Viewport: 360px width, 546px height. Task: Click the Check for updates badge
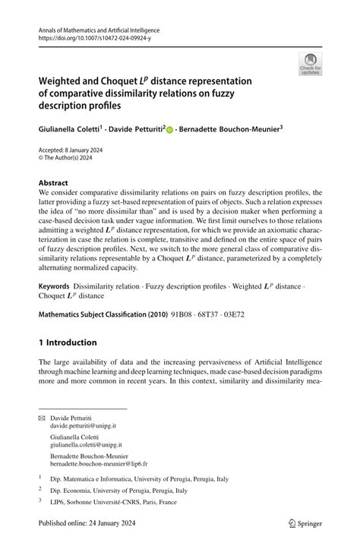tap(310, 65)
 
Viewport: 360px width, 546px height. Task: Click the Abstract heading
tap(53, 183)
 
